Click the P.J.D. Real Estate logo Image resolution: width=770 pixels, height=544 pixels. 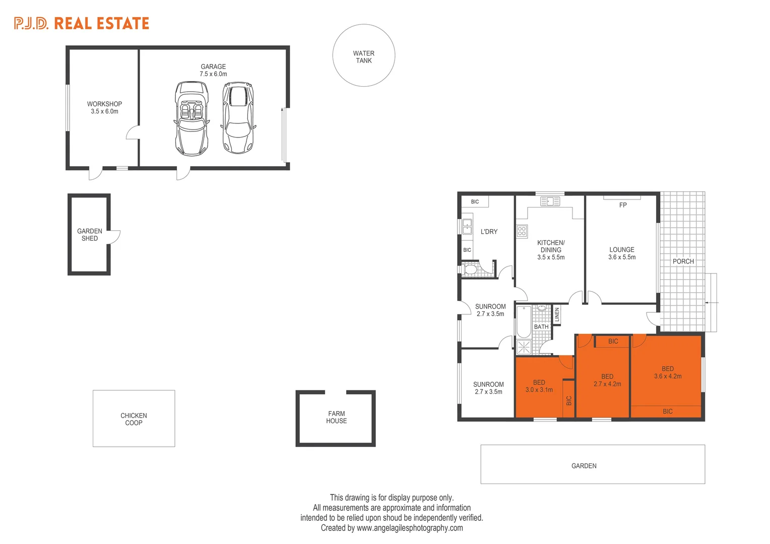[82, 23]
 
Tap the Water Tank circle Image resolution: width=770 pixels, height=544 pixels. [363, 56]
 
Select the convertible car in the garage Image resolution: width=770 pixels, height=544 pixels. [191, 118]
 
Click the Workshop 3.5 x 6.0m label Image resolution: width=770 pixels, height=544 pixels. [104, 108]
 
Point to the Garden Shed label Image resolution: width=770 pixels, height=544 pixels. [90, 235]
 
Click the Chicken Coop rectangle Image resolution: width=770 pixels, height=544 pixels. [134, 419]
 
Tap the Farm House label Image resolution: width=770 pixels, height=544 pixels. [336, 417]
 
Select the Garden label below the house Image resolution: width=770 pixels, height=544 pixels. [584, 466]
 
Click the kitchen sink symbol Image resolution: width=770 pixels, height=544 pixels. [550, 201]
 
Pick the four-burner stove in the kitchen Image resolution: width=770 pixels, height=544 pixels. [522, 231]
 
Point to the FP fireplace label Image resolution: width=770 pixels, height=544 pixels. [623, 205]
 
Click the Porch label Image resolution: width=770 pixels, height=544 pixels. [683, 261]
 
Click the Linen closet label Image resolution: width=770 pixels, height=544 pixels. [557, 315]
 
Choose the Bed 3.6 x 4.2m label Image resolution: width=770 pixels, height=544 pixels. [667, 373]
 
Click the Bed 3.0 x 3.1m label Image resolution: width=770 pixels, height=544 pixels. [539, 386]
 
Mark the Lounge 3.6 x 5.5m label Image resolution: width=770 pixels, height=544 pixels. [621, 253]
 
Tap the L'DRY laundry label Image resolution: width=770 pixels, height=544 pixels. [489, 232]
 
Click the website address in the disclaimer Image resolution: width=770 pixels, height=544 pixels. [409, 528]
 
